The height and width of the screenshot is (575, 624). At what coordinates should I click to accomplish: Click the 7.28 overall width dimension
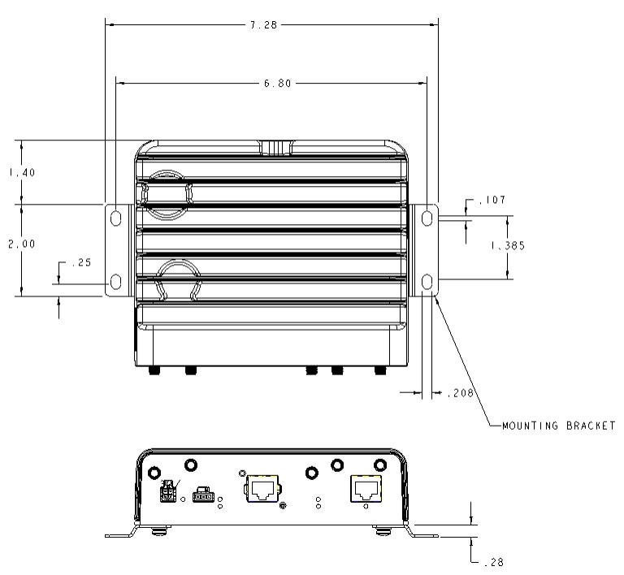pos(263,25)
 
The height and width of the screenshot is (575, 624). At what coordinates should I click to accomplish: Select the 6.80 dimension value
pos(278,84)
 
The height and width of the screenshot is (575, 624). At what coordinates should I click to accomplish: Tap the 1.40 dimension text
pos(22,172)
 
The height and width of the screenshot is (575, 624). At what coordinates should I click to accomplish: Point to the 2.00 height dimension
pos(22,244)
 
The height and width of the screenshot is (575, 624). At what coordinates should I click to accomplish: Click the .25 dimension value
pos(81,262)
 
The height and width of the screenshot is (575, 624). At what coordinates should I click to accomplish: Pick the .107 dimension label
pos(492,200)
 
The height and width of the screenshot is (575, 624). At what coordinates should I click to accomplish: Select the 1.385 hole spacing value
pos(508,246)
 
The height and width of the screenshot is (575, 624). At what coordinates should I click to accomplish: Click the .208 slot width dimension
pos(460,393)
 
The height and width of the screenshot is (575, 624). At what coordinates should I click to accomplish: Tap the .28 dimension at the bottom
pos(494,562)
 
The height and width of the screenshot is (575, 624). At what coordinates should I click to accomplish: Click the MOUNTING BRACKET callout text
pos(559,426)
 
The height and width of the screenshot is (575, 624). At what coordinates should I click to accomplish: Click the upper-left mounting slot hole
pos(116,218)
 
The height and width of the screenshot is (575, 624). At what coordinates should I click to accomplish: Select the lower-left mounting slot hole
pos(116,282)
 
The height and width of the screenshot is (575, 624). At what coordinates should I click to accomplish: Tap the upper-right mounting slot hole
pos(427,218)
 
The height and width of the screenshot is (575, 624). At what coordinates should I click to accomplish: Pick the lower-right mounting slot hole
pos(427,282)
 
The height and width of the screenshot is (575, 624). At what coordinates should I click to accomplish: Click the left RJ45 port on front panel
pos(263,489)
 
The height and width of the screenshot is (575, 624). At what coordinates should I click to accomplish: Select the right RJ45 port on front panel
pos(366,489)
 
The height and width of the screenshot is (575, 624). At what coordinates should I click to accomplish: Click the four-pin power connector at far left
pos(167,492)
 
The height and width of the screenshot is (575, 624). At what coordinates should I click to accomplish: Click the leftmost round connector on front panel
pos(154,473)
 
